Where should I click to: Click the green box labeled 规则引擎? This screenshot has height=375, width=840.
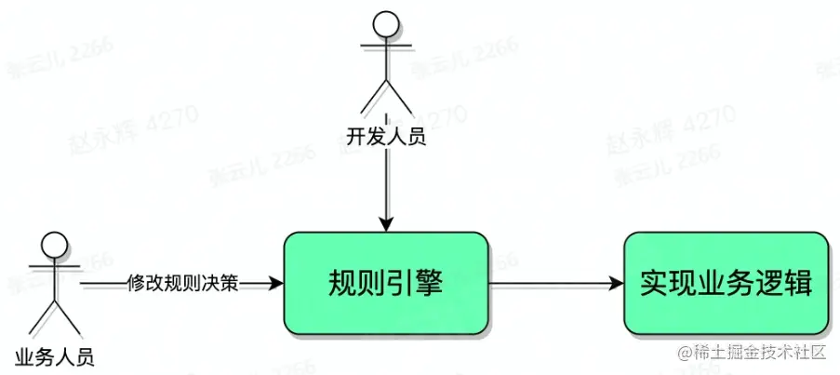(386, 283)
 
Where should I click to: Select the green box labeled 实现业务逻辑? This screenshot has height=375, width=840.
(726, 283)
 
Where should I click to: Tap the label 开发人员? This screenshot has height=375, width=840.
(385, 138)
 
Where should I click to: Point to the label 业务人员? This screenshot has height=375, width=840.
(55, 355)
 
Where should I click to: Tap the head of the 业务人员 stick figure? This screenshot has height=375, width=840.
(55, 245)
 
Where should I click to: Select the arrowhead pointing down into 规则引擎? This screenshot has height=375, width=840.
(385, 223)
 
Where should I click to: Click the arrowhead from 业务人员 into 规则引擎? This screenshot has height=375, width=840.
(274, 283)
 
